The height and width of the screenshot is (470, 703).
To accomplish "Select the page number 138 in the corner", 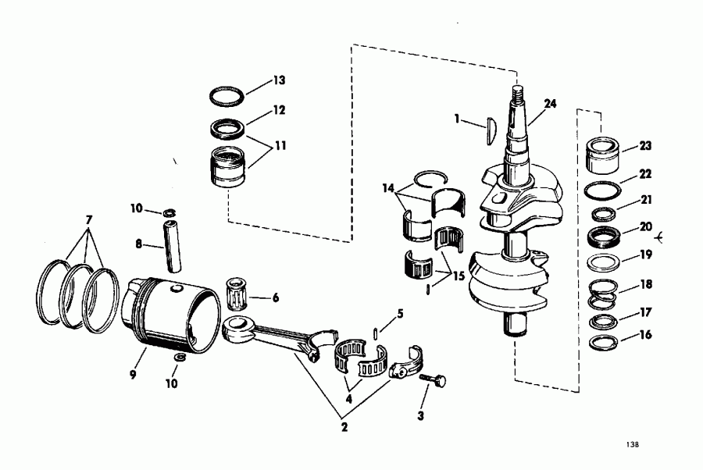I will click(632, 445).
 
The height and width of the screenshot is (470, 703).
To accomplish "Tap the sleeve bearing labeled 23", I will click(603, 155).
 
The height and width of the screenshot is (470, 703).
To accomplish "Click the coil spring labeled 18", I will click(601, 293).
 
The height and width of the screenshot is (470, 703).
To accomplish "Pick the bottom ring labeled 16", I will click(601, 342).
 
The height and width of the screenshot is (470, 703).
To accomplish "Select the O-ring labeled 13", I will click(227, 96).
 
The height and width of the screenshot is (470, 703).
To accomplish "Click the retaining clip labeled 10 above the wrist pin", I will click(170, 213).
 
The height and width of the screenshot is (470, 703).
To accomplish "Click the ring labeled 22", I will click(601, 190).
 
